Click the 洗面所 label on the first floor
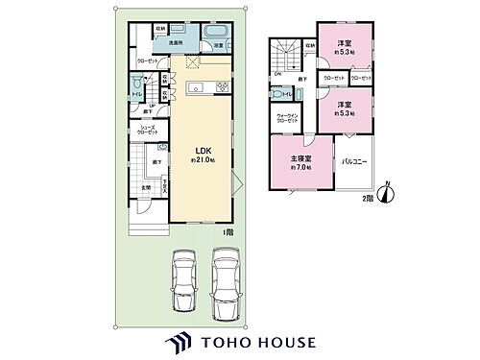[178, 44]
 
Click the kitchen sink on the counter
[194, 88]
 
